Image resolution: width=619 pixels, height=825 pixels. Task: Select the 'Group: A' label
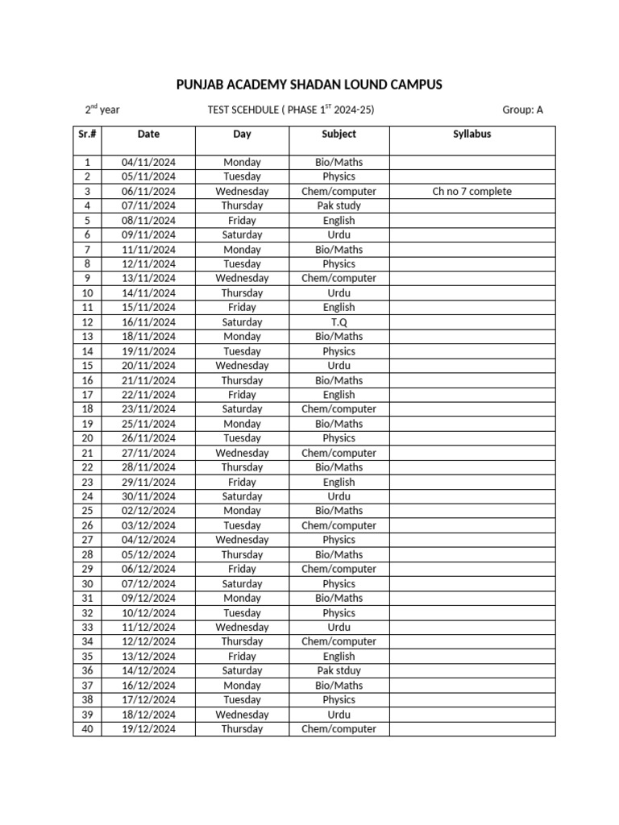click(x=522, y=110)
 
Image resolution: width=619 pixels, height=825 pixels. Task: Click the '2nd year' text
click(x=103, y=110)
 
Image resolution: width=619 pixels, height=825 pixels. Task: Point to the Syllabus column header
click(x=472, y=135)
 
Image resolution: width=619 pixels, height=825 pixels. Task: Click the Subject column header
click(x=339, y=135)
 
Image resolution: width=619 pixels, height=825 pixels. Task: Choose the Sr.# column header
click(x=87, y=135)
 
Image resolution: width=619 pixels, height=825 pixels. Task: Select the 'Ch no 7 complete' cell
click(x=472, y=192)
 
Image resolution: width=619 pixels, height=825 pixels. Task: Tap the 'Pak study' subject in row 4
click(x=339, y=206)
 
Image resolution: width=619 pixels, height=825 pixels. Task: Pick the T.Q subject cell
click(x=339, y=322)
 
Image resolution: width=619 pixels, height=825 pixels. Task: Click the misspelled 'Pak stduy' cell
click(x=339, y=671)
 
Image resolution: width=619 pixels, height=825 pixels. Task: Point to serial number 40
click(x=87, y=729)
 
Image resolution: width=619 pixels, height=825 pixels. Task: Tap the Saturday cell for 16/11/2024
click(x=242, y=322)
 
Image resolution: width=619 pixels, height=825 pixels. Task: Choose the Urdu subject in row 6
click(x=339, y=235)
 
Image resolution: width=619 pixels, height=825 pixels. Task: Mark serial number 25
click(x=87, y=512)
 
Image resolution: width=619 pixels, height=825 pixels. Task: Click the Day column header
click(x=242, y=135)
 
